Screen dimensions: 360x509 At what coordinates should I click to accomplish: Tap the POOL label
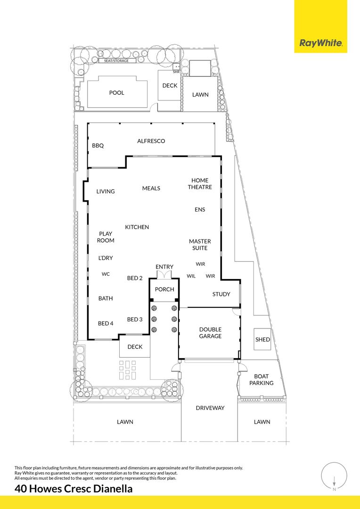[116, 93]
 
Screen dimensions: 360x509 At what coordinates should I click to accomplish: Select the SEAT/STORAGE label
[116, 61]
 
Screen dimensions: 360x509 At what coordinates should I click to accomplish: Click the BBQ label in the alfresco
[98, 146]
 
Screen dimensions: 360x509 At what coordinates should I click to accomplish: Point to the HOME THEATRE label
[200, 184]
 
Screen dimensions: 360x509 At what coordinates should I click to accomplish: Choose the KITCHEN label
[137, 227]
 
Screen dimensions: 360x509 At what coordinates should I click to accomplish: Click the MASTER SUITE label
[200, 245]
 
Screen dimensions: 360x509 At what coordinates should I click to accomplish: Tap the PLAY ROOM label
[106, 237]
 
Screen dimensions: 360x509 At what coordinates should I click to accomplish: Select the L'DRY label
[106, 258]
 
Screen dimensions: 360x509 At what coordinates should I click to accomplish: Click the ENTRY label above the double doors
[164, 267]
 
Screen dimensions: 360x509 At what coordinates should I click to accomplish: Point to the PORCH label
[164, 289]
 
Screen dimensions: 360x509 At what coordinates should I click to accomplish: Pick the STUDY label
[221, 294]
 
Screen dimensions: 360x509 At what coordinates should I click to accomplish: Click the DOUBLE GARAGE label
[210, 333]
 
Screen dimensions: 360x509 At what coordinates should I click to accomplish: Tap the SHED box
[262, 339]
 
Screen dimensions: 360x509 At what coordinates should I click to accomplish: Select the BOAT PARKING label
[262, 379]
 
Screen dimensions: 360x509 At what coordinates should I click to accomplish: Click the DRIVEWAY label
[210, 408]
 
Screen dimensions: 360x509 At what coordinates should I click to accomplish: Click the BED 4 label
[106, 323]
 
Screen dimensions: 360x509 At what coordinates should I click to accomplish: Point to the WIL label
[191, 276]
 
